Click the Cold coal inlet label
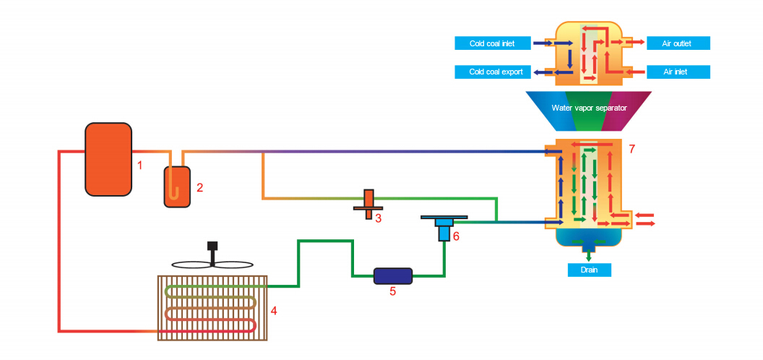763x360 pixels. point(492,43)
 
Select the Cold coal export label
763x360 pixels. point(492,72)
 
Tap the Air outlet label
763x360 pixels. point(678,43)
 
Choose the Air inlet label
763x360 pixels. point(678,72)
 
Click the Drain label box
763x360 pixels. point(590,270)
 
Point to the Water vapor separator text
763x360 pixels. point(589,107)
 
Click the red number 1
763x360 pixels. point(139,166)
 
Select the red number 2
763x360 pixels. point(199,187)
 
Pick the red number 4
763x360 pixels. point(274,310)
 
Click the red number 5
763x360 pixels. point(392,292)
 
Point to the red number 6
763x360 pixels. point(456,237)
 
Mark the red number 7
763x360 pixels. point(632,149)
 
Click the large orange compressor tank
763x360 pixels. point(108,159)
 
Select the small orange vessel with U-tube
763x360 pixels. point(177,187)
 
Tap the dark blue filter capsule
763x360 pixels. point(392,275)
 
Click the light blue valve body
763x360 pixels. point(444,230)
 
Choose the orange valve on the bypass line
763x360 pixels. point(368,205)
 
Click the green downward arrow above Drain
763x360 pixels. point(589,254)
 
